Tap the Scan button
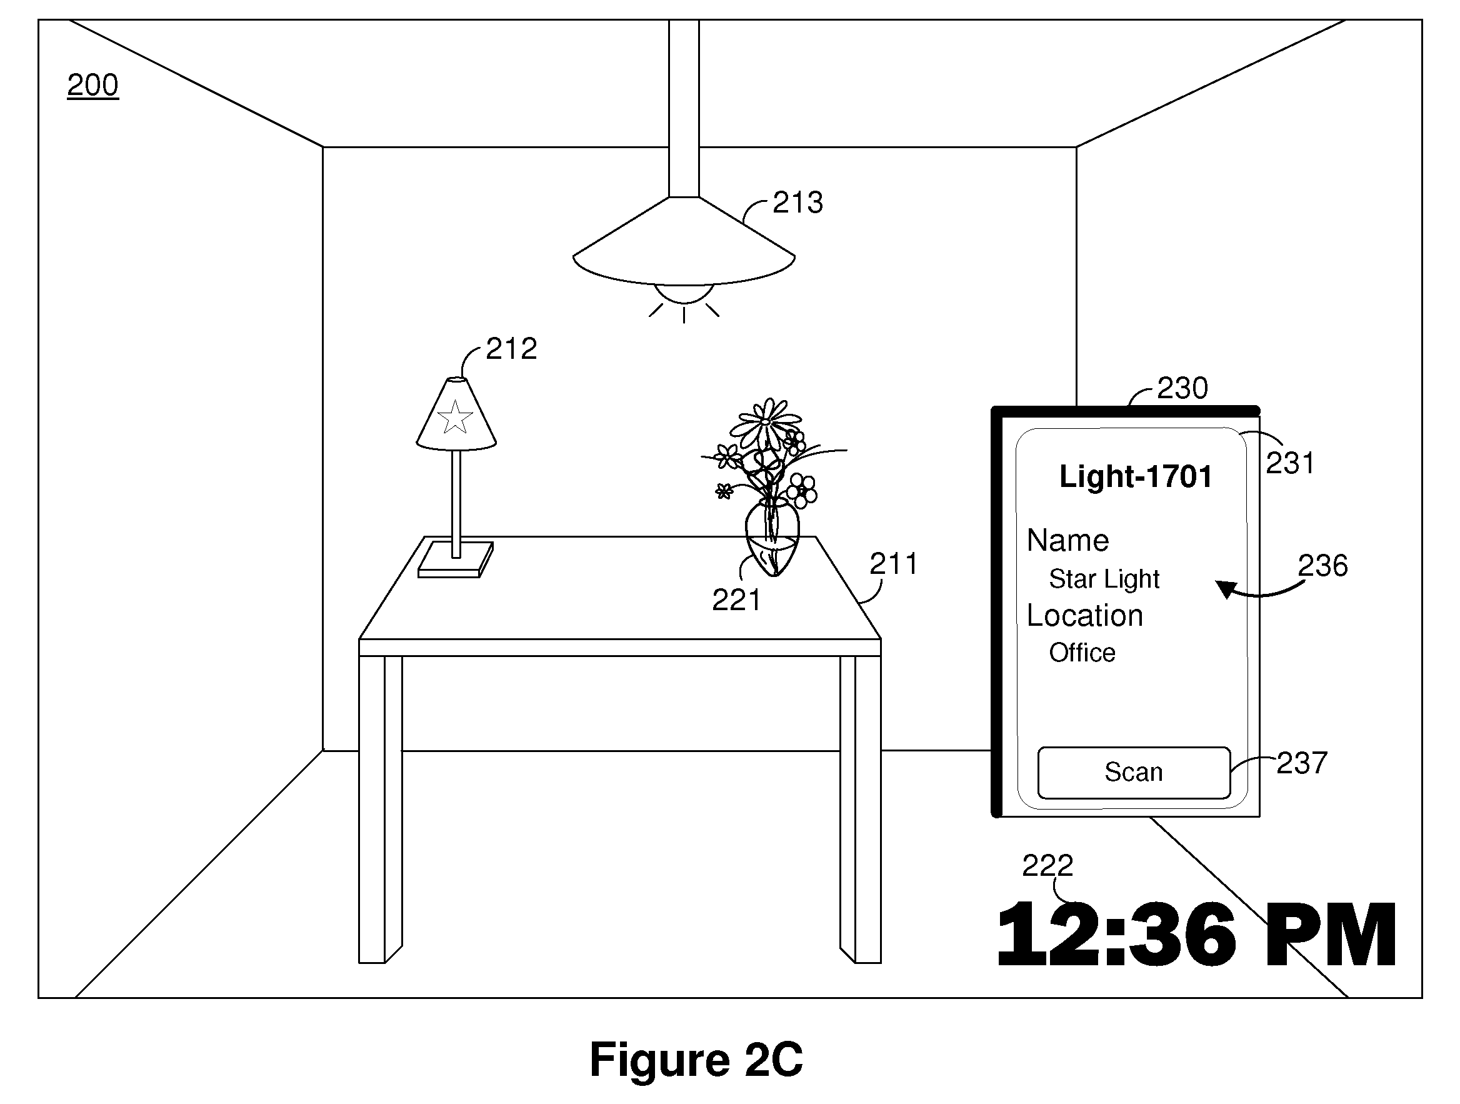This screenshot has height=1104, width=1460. (1134, 773)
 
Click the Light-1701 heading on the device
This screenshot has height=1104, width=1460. (1136, 477)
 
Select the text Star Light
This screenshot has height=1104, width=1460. (1104, 579)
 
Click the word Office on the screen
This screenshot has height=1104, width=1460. (1082, 653)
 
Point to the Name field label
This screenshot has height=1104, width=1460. (1068, 540)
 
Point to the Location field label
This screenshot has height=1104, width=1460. (1085, 615)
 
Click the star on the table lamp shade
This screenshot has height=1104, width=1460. (455, 418)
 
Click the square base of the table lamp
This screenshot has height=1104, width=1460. (456, 560)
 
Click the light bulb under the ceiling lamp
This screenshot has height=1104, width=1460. (684, 293)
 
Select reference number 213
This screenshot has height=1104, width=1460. (798, 203)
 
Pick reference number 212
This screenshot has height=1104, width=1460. (511, 349)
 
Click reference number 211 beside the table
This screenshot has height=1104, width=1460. (894, 564)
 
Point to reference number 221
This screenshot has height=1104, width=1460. (736, 600)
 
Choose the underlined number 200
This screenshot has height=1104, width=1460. (93, 85)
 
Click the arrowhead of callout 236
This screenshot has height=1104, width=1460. (1226, 588)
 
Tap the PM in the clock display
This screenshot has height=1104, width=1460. (1329, 935)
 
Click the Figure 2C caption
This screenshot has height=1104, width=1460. (696, 1059)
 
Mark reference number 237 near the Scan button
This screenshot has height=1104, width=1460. (1302, 763)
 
